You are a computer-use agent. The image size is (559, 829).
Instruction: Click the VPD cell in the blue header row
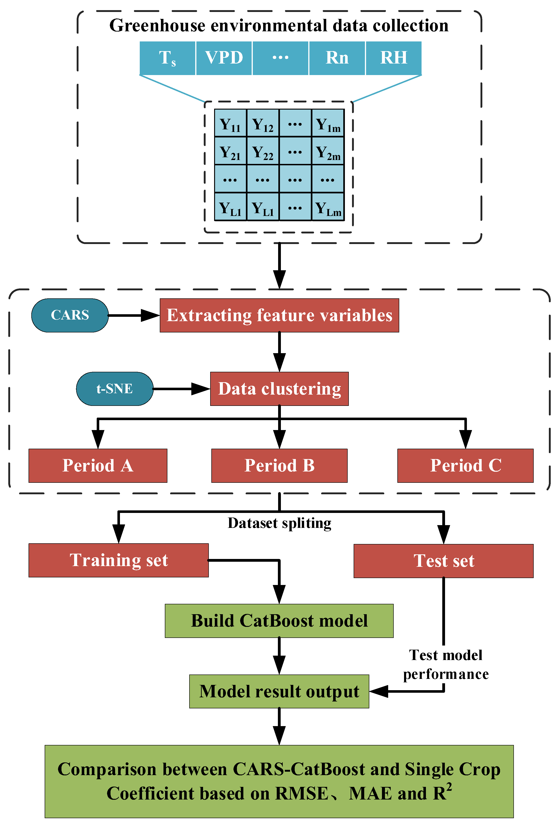pos(224,58)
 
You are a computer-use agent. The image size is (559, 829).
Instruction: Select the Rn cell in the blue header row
pos(337,58)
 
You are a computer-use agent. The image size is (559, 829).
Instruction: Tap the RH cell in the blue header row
pos(394,58)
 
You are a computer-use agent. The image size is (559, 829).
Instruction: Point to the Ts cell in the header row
pos(167,58)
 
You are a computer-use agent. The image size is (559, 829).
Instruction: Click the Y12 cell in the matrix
pos(263,123)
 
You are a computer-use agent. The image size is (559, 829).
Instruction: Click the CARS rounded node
pos(70,315)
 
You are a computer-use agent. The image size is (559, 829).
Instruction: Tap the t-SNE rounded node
pos(114,388)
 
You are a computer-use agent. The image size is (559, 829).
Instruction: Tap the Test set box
pos(443,561)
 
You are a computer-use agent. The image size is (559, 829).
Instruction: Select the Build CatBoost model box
pos(279,620)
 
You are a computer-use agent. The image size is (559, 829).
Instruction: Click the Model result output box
pos(279,691)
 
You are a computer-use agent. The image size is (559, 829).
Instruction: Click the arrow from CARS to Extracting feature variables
pos(134,315)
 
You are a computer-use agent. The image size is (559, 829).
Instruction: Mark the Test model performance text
pos(446,664)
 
